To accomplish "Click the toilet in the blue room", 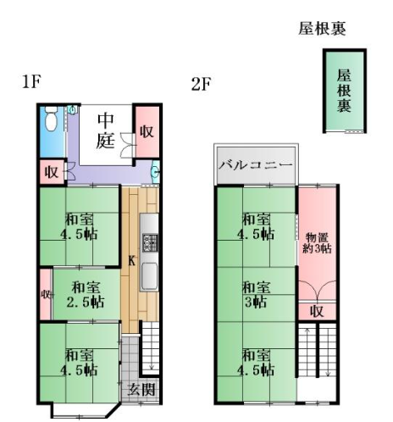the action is tap(51, 119).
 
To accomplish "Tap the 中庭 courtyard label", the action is tap(106, 130).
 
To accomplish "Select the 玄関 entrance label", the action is tap(141, 390).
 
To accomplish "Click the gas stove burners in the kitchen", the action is tap(150, 242).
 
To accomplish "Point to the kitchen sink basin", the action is tap(150, 275).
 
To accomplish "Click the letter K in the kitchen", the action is tap(131, 260).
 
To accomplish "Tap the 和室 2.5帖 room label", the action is tap(86, 295).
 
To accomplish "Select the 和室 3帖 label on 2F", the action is tap(256, 294).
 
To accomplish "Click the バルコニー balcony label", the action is tap(256, 165).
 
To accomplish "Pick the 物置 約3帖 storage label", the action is tap(317, 242).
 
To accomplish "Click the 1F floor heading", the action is tap(32, 81).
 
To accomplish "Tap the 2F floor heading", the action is tap(201, 84).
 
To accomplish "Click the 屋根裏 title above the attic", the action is tap(322, 29).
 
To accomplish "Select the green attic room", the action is tap(345, 91).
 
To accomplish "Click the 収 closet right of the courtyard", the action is tap(147, 131).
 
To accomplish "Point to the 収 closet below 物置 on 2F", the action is tap(317, 311).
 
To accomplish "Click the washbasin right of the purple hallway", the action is tap(155, 171).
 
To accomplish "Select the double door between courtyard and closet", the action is tap(127, 145).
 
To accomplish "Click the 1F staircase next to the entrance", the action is tap(151, 348).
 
